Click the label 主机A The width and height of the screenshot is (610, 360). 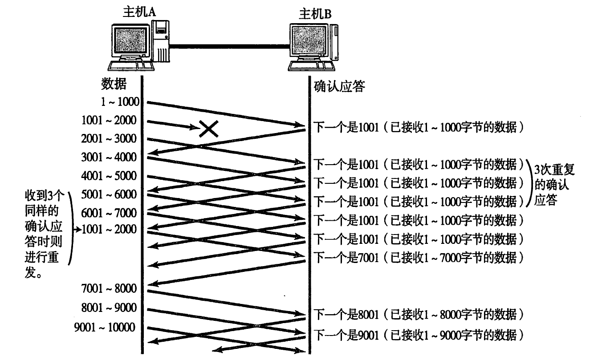[139, 12]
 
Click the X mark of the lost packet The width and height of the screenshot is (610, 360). [208, 129]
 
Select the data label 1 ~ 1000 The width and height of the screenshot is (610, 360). [119, 102]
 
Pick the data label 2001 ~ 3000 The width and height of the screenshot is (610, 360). [109, 138]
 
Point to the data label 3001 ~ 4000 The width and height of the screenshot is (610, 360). [109, 157]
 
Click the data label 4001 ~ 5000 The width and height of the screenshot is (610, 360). [109, 175]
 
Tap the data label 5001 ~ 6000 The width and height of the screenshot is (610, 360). [109, 194]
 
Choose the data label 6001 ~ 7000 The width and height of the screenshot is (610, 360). [109, 213]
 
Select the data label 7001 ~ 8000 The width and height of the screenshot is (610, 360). [109, 288]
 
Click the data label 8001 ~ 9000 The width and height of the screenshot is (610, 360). [109, 307]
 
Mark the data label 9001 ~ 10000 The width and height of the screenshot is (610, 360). [105, 328]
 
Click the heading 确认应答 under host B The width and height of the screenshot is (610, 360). [340, 86]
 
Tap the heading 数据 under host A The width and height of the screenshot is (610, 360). [114, 83]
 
